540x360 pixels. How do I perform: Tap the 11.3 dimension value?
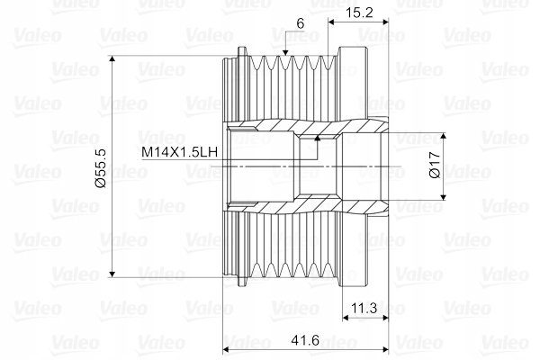(364, 308)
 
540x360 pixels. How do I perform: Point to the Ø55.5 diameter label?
(100, 169)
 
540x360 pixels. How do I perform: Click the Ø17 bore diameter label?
(436, 165)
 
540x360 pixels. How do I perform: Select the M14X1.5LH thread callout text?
(180, 152)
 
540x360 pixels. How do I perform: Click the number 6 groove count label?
(301, 23)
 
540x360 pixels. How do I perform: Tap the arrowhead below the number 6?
(285, 52)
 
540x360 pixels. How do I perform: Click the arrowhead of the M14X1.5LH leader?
(317, 138)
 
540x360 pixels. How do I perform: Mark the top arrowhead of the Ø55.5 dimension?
(112, 58)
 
